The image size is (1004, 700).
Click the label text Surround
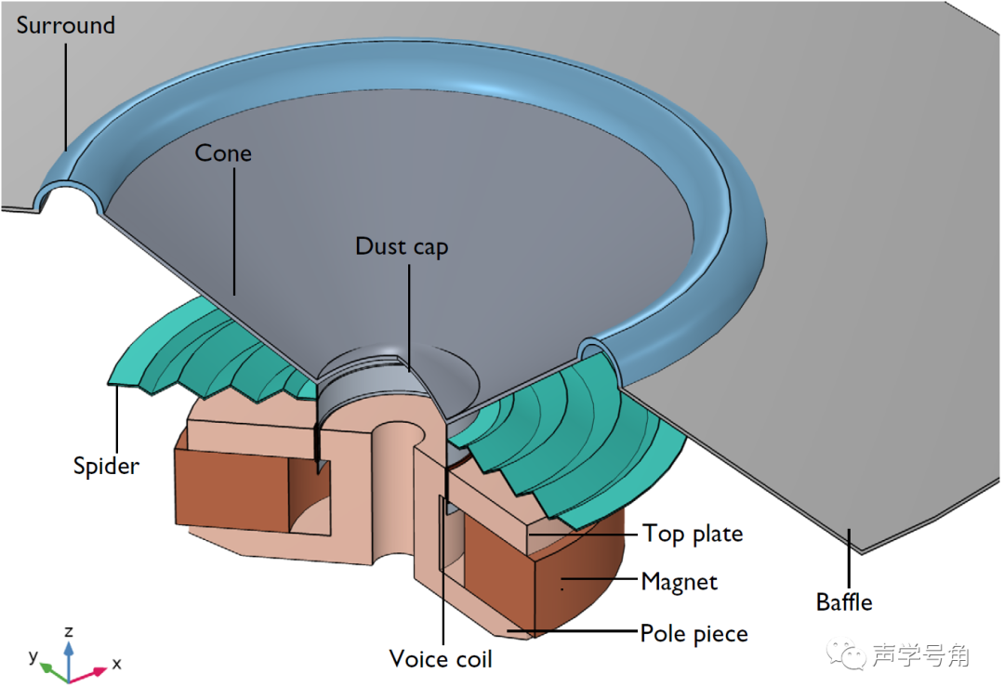click(65, 24)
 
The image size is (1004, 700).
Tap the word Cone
click(223, 152)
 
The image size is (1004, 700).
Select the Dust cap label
click(402, 246)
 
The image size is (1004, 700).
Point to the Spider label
click(106, 465)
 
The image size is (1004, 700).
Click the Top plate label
click(693, 534)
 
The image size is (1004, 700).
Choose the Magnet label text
click(680, 583)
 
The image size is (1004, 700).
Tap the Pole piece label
click(694, 634)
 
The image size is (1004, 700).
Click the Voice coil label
click(441, 659)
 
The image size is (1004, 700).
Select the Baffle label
click(844, 601)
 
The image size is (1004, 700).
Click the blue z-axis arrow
click(69, 652)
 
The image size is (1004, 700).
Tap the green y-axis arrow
click(52, 667)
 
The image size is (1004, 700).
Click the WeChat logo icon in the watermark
click(849, 656)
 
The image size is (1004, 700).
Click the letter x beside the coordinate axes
click(116, 664)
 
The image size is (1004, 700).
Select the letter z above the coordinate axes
click(69, 631)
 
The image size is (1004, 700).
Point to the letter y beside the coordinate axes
click(33, 656)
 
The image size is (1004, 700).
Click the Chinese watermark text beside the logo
click(920, 656)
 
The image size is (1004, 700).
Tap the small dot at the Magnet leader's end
click(561, 588)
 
